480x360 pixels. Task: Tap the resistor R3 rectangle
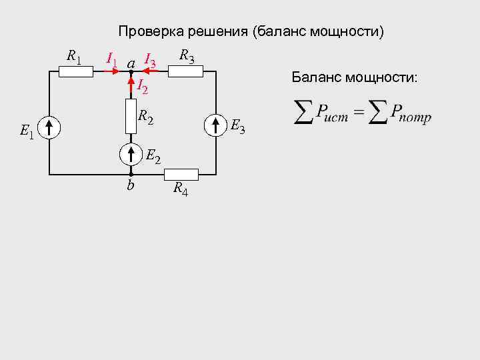[185, 71]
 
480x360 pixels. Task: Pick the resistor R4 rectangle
[181, 175]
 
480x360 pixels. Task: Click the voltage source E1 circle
[50, 127]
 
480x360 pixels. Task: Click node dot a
[131, 71]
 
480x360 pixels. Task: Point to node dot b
[131, 175]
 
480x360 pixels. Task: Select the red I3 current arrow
[151, 71]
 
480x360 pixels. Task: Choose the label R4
[180, 189]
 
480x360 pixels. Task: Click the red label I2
[142, 85]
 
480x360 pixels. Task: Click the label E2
[153, 157]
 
